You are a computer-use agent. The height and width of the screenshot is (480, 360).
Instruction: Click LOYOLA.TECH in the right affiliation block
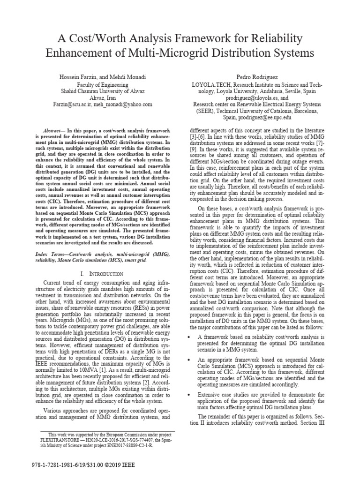(x=209, y=84)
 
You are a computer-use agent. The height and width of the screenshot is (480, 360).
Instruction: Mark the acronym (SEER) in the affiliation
(x=205, y=111)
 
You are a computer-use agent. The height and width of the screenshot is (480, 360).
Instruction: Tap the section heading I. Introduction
(x=102, y=273)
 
